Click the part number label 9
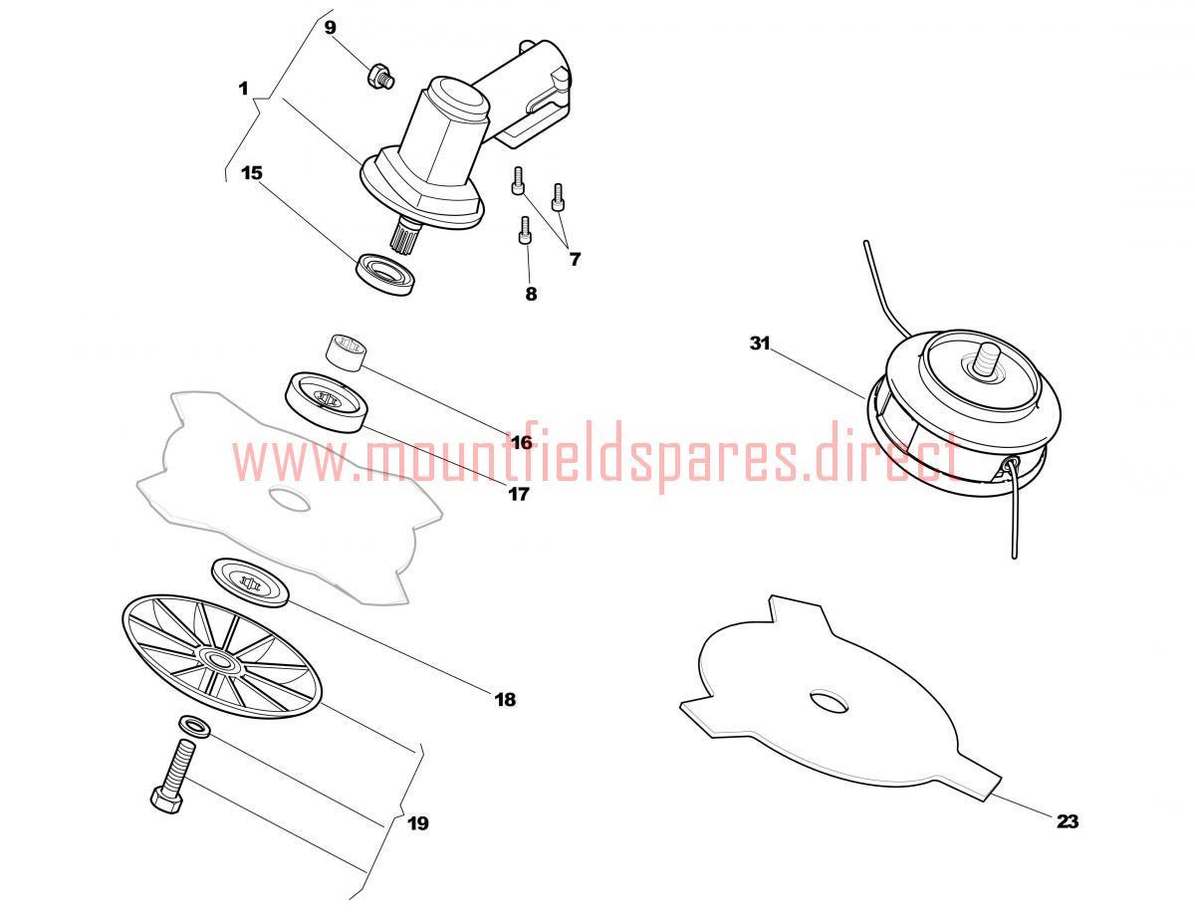tap(330, 28)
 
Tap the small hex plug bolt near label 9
tap(380, 76)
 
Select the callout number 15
tap(252, 173)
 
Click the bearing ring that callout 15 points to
tap(383, 275)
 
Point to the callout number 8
tap(531, 294)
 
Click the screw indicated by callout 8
tap(525, 230)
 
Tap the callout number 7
tap(575, 259)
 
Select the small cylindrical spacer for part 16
tap(346, 353)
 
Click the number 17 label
tap(518, 494)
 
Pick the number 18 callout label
tap(505, 700)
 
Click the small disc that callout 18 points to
tap(250, 582)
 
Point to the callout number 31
tap(760, 343)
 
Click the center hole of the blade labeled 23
tap(830, 703)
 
